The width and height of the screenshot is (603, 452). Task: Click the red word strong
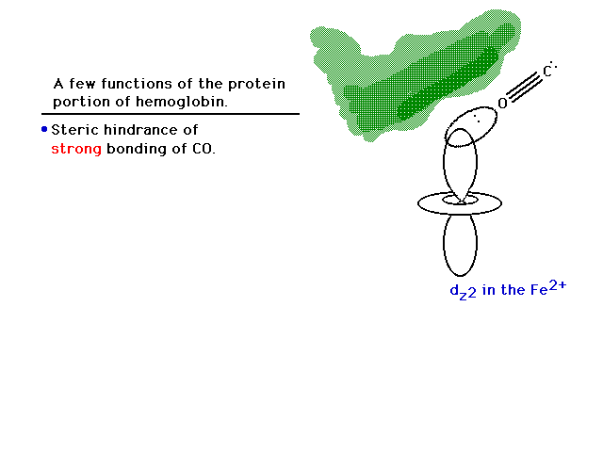click(x=76, y=149)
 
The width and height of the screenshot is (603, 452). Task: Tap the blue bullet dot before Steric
click(x=44, y=130)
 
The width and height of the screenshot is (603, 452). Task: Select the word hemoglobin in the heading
click(x=182, y=102)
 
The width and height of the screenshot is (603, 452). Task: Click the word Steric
click(x=74, y=130)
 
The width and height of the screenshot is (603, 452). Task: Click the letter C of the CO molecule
click(x=547, y=72)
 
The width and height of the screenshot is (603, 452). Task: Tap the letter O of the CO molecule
click(x=502, y=103)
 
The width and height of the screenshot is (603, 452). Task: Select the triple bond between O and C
click(x=524, y=88)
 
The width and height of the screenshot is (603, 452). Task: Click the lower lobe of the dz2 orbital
click(x=461, y=245)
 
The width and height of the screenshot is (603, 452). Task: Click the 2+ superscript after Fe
click(x=557, y=284)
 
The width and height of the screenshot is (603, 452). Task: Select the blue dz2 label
click(x=463, y=291)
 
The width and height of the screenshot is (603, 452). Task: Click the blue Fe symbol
click(x=539, y=290)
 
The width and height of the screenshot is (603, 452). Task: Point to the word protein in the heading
click(x=256, y=84)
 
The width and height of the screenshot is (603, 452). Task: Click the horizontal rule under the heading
click(x=171, y=114)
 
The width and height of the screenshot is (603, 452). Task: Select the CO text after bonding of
click(x=203, y=149)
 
